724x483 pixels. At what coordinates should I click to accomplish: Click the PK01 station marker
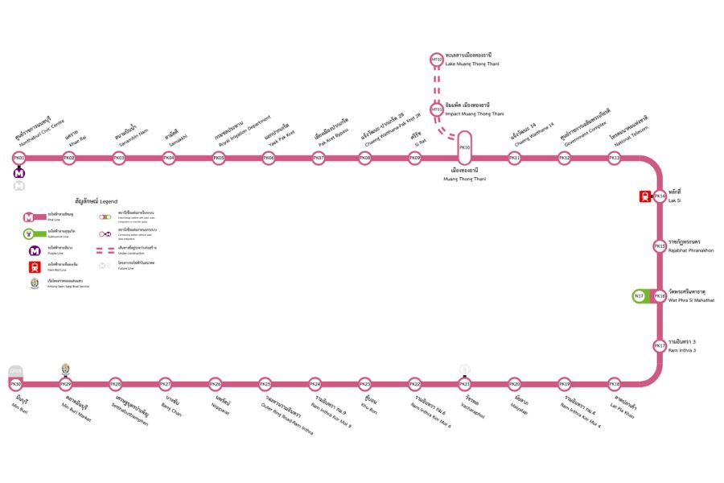tap(19, 159)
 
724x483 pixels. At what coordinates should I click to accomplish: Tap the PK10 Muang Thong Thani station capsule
tap(464, 149)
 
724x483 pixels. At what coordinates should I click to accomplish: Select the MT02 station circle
tap(438, 60)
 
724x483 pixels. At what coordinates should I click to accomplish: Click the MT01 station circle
tap(438, 109)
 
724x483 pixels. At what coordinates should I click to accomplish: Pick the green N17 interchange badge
tap(640, 296)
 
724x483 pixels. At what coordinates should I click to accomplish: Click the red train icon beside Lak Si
tap(645, 196)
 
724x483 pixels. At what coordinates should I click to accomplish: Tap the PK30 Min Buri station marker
tap(17, 384)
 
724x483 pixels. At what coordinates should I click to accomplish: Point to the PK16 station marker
tap(660, 296)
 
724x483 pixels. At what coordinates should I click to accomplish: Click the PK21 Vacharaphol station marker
tap(464, 384)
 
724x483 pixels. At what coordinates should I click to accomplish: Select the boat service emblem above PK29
tap(66, 369)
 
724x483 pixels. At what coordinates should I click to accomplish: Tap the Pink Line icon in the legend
tap(29, 217)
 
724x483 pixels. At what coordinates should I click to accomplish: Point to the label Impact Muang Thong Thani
tap(474, 114)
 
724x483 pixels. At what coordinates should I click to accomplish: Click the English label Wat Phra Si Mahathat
tap(691, 300)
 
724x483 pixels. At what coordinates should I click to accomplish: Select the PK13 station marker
tap(614, 159)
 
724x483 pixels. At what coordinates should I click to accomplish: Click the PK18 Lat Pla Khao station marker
tap(614, 384)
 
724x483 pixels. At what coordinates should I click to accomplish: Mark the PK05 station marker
tap(218, 159)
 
